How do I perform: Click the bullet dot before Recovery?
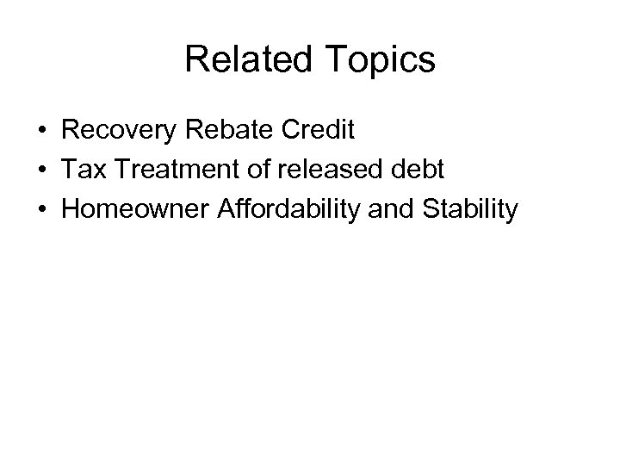click(42, 132)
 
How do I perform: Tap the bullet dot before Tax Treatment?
click(42, 170)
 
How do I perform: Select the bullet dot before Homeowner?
click(42, 209)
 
